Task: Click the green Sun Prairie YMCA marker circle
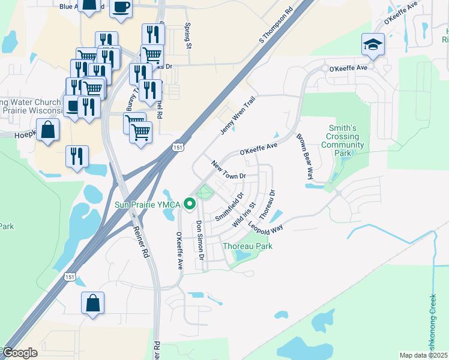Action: (x=190, y=205)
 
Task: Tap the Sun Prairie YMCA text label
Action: (x=148, y=205)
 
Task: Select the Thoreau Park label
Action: (x=247, y=246)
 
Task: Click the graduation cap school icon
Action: (x=373, y=44)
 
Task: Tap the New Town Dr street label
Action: (x=229, y=170)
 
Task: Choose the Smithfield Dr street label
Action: (x=229, y=206)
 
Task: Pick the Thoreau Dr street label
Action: (x=267, y=205)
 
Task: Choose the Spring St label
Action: (x=188, y=37)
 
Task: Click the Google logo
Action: (x=20, y=353)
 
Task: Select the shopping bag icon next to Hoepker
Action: (x=47, y=129)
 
